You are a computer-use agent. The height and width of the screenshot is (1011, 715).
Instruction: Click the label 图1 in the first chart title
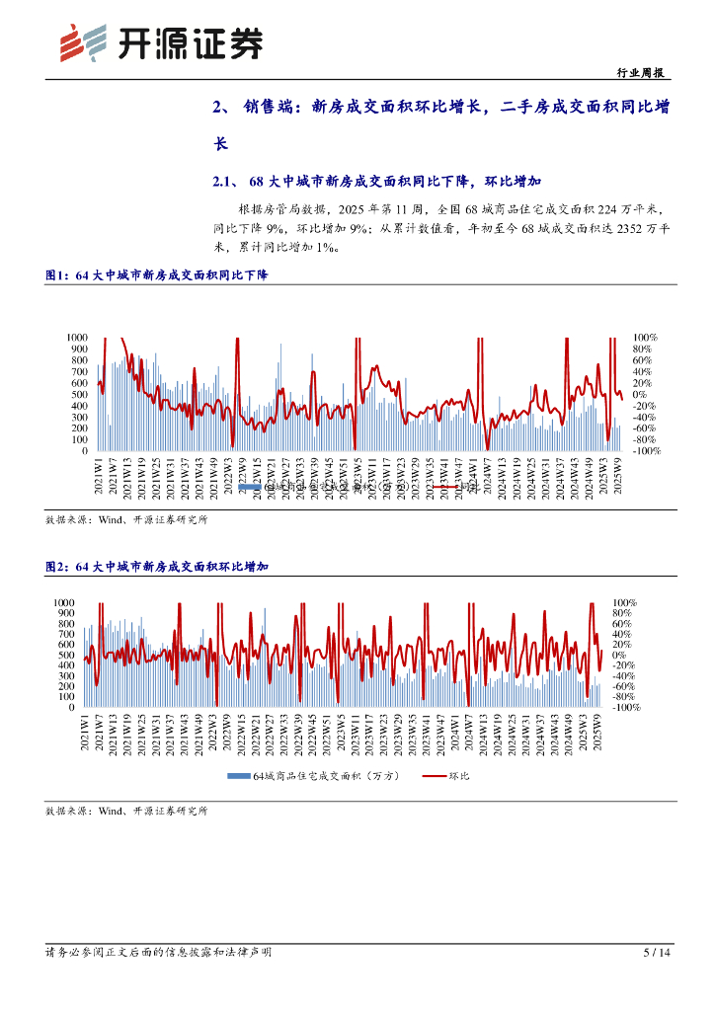58,275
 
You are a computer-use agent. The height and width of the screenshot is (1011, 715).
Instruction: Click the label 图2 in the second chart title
58,567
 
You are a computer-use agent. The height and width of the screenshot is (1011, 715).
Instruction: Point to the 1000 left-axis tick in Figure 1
76,338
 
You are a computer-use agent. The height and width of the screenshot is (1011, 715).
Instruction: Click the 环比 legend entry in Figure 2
458,777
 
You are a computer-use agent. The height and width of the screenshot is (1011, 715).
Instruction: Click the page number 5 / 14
656,953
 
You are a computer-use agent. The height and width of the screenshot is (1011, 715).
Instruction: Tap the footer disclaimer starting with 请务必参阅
158,953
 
